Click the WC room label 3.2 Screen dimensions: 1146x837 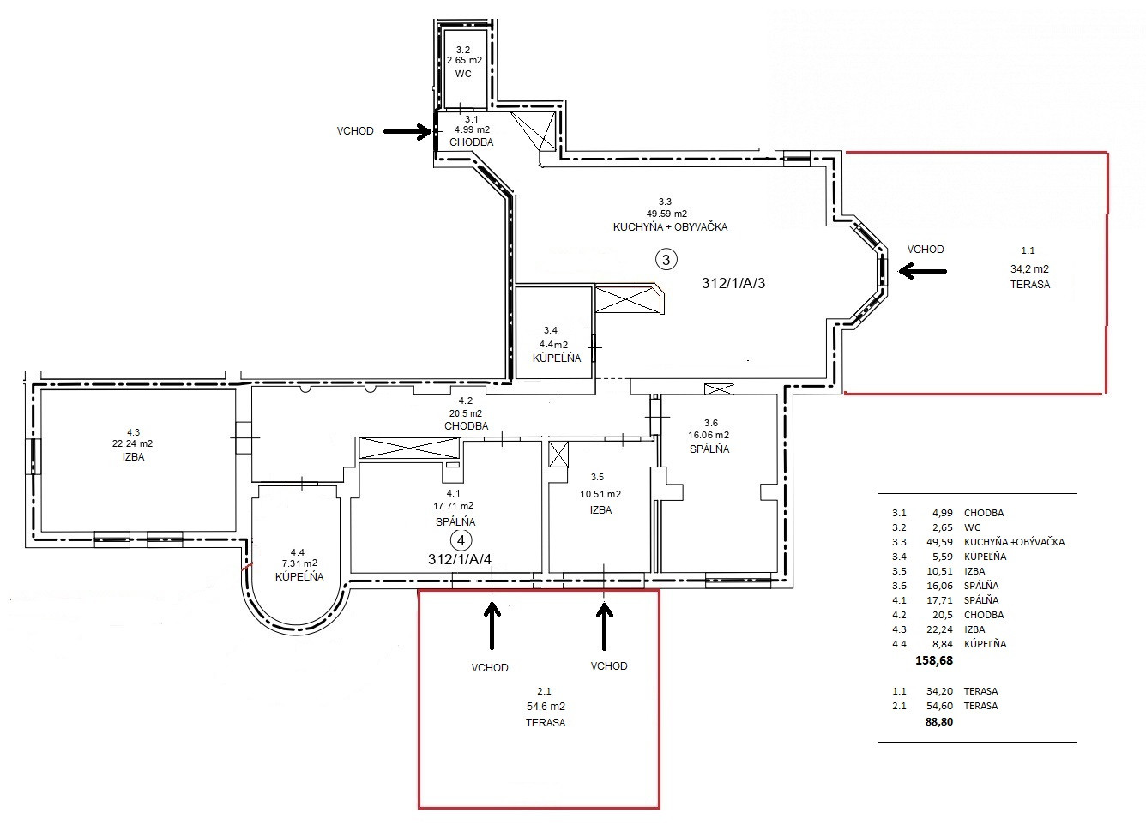(x=463, y=50)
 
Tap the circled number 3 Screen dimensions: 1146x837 (x=666, y=260)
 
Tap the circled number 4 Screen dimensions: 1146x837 (x=461, y=540)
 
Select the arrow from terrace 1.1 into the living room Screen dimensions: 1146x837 (x=922, y=271)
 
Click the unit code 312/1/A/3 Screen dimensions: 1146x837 (x=733, y=283)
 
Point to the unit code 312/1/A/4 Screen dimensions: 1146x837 (x=460, y=559)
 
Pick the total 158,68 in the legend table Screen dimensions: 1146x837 (x=934, y=660)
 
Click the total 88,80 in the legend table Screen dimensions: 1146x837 (x=939, y=722)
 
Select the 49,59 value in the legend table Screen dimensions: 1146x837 (x=939, y=542)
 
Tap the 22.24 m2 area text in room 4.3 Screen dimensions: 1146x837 (x=132, y=443)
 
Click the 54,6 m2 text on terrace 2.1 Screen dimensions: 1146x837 (x=546, y=707)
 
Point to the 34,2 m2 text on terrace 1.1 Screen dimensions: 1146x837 (x=1029, y=268)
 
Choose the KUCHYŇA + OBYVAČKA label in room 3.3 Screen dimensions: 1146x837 (x=670, y=226)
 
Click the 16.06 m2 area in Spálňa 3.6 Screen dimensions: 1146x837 (x=709, y=435)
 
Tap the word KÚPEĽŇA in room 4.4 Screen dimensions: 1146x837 (x=299, y=576)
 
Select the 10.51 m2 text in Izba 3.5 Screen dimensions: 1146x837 (x=600, y=494)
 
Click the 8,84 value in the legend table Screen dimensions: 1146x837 (x=943, y=644)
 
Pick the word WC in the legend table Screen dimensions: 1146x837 (x=972, y=527)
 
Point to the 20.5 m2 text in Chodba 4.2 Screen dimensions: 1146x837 (x=466, y=413)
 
